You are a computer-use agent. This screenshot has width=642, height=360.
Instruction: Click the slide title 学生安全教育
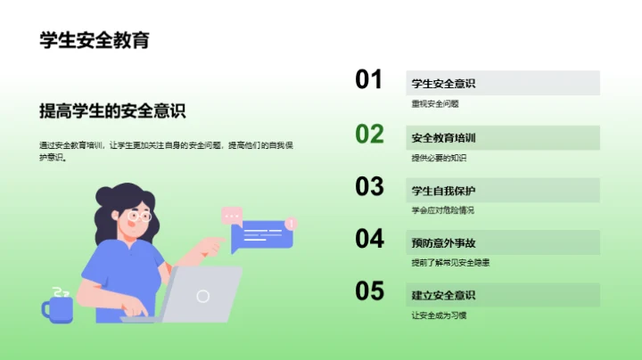click(x=95, y=41)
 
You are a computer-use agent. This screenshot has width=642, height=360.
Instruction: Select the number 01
click(x=369, y=80)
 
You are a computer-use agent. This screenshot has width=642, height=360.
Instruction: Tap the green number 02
click(x=369, y=134)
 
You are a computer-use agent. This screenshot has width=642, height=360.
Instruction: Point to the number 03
click(x=369, y=186)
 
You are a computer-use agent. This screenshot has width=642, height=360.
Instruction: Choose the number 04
click(x=369, y=239)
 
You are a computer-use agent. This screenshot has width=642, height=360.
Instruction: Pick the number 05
click(x=369, y=291)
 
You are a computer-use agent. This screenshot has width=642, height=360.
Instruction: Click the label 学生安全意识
click(x=443, y=84)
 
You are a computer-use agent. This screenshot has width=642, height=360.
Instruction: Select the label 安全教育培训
click(x=443, y=138)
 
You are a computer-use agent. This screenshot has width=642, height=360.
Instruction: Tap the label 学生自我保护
click(x=443, y=191)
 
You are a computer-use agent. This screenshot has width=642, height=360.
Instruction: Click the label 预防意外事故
click(x=443, y=243)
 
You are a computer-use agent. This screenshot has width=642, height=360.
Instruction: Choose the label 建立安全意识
click(x=443, y=296)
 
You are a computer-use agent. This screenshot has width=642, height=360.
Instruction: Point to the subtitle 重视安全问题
click(x=435, y=104)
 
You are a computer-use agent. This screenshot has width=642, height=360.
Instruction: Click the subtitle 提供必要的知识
click(x=439, y=158)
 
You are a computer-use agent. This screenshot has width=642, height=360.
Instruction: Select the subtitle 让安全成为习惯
click(x=439, y=315)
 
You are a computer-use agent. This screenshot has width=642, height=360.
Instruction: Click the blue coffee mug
click(x=58, y=308)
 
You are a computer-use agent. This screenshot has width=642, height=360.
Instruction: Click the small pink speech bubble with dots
click(x=232, y=215)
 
